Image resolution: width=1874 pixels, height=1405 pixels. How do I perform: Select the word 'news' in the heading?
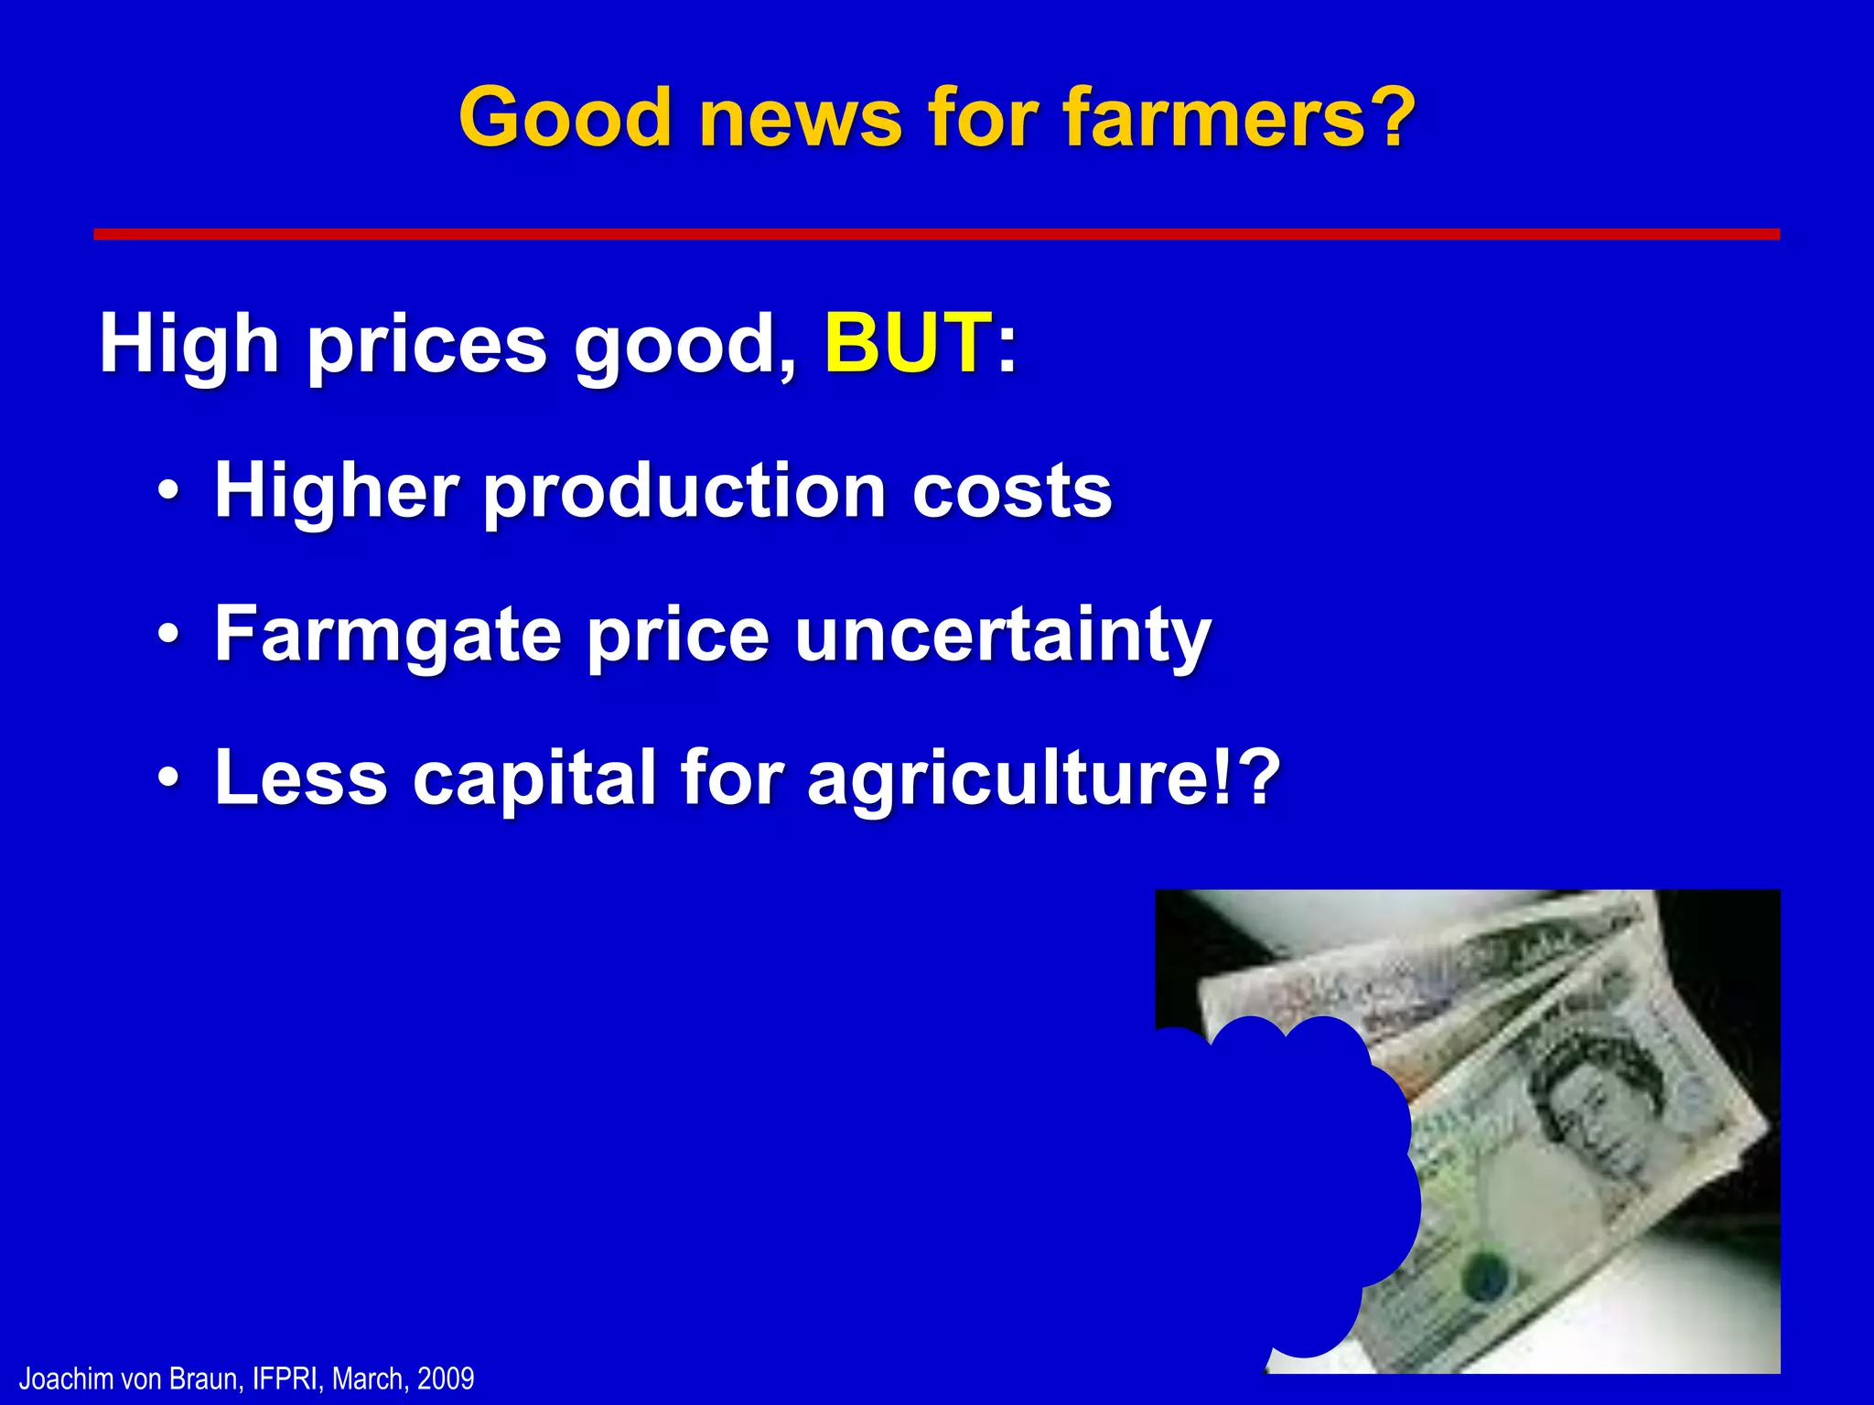[x=801, y=119]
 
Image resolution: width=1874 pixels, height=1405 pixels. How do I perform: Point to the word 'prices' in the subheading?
[x=426, y=346]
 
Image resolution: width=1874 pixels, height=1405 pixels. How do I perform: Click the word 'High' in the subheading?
[x=188, y=344]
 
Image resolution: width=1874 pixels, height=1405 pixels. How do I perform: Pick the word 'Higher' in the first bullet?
[x=336, y=491]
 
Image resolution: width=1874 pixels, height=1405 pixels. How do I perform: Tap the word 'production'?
[x=684, y=491]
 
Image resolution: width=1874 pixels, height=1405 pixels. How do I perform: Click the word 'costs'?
[x=1012, y=491]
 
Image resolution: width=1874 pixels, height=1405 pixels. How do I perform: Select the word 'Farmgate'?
[x=388, y=636]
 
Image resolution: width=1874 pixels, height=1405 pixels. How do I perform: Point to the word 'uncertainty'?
[x=1003, y=636]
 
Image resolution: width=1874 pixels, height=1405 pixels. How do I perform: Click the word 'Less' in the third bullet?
[x=301, y=778]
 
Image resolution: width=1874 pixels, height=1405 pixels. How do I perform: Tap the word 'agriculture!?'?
[x=1043, y=779]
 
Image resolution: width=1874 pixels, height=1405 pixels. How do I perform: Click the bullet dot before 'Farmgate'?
[x=167, y=633]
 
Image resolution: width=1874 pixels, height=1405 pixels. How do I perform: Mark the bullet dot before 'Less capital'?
[x=167, y=777]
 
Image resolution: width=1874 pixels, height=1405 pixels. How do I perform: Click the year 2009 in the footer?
[x=446, y=1378]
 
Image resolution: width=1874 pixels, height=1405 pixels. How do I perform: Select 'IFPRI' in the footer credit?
[x=286, y=1378]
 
